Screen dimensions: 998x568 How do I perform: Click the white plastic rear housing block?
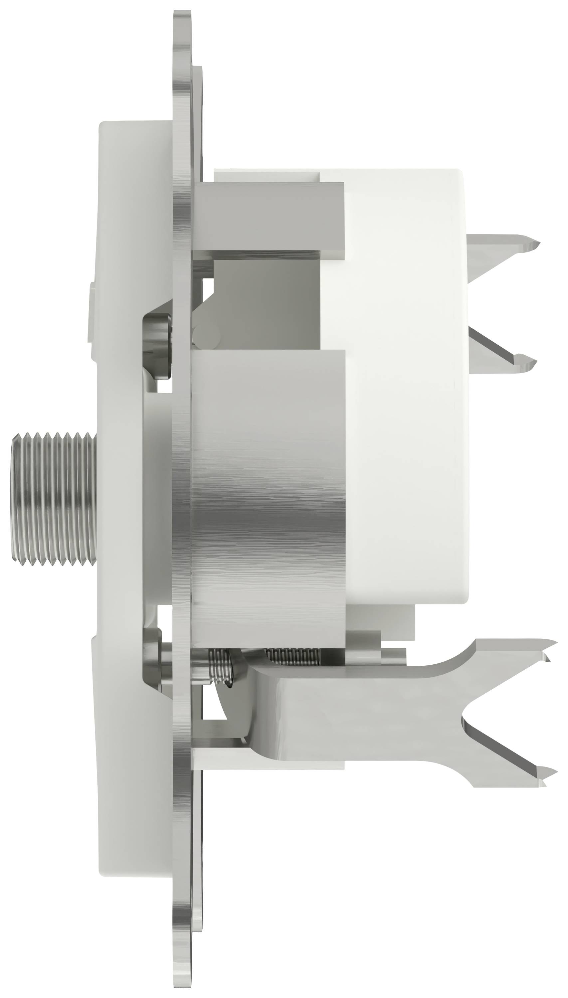coord(406,390)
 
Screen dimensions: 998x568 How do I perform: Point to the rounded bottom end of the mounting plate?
coord(182,975)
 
